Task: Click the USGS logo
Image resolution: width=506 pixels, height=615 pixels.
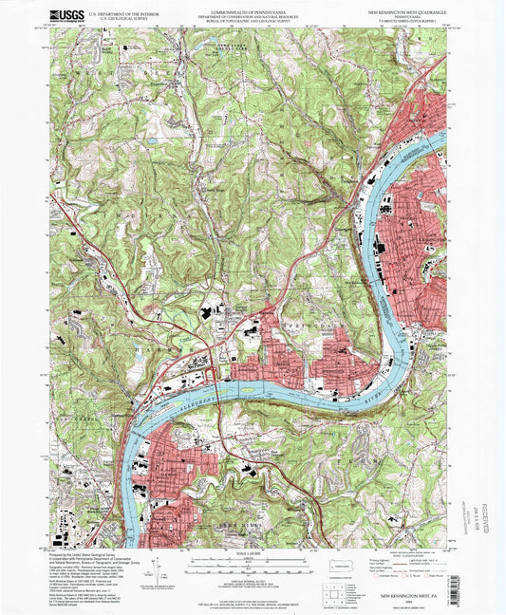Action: [x=66, y=15]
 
